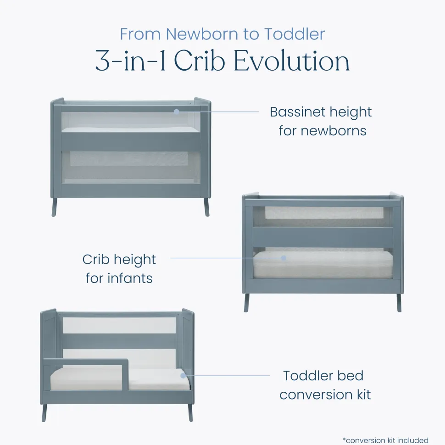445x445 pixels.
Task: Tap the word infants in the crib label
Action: (x=130, y=278)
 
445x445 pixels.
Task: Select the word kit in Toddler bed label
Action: (x=363, y=395)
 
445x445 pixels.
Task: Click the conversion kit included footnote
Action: (x=385, y=440)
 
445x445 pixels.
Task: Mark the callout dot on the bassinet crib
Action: (x=177, y=112)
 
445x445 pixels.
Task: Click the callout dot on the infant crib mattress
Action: (x=284, y=258)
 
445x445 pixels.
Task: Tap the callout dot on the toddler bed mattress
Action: (x=184, y=375)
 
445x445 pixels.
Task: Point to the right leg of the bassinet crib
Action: (x=206, y=207)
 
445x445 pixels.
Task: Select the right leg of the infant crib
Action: (x=399, y=302)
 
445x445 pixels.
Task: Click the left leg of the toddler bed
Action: (x=44, y=411)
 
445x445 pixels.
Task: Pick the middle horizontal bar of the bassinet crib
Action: (x=131, y=141)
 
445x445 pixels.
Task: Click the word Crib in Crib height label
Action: (x=96, y=259)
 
